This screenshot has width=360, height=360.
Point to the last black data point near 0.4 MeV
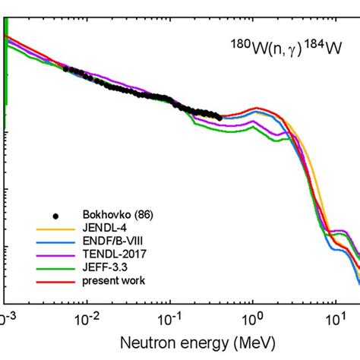click(219, 116)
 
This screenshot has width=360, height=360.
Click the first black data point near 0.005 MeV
click(65, 69)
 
